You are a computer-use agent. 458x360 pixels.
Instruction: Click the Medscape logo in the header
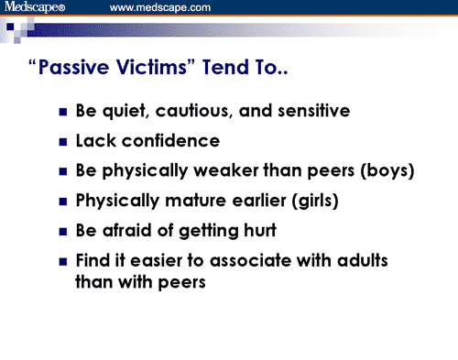[x=41, y=8]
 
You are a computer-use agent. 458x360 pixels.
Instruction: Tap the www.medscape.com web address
[x=160, y=8]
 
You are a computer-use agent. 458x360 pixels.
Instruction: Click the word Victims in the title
[x=167, y=72]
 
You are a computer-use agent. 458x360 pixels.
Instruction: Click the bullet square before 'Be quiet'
[x=62, y=113]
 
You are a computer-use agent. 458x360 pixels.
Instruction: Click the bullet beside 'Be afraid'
[x=62, y=231]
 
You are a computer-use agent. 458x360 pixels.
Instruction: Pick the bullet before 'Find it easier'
[x=62, y=261]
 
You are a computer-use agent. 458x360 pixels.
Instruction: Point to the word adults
[x=362, y=260]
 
